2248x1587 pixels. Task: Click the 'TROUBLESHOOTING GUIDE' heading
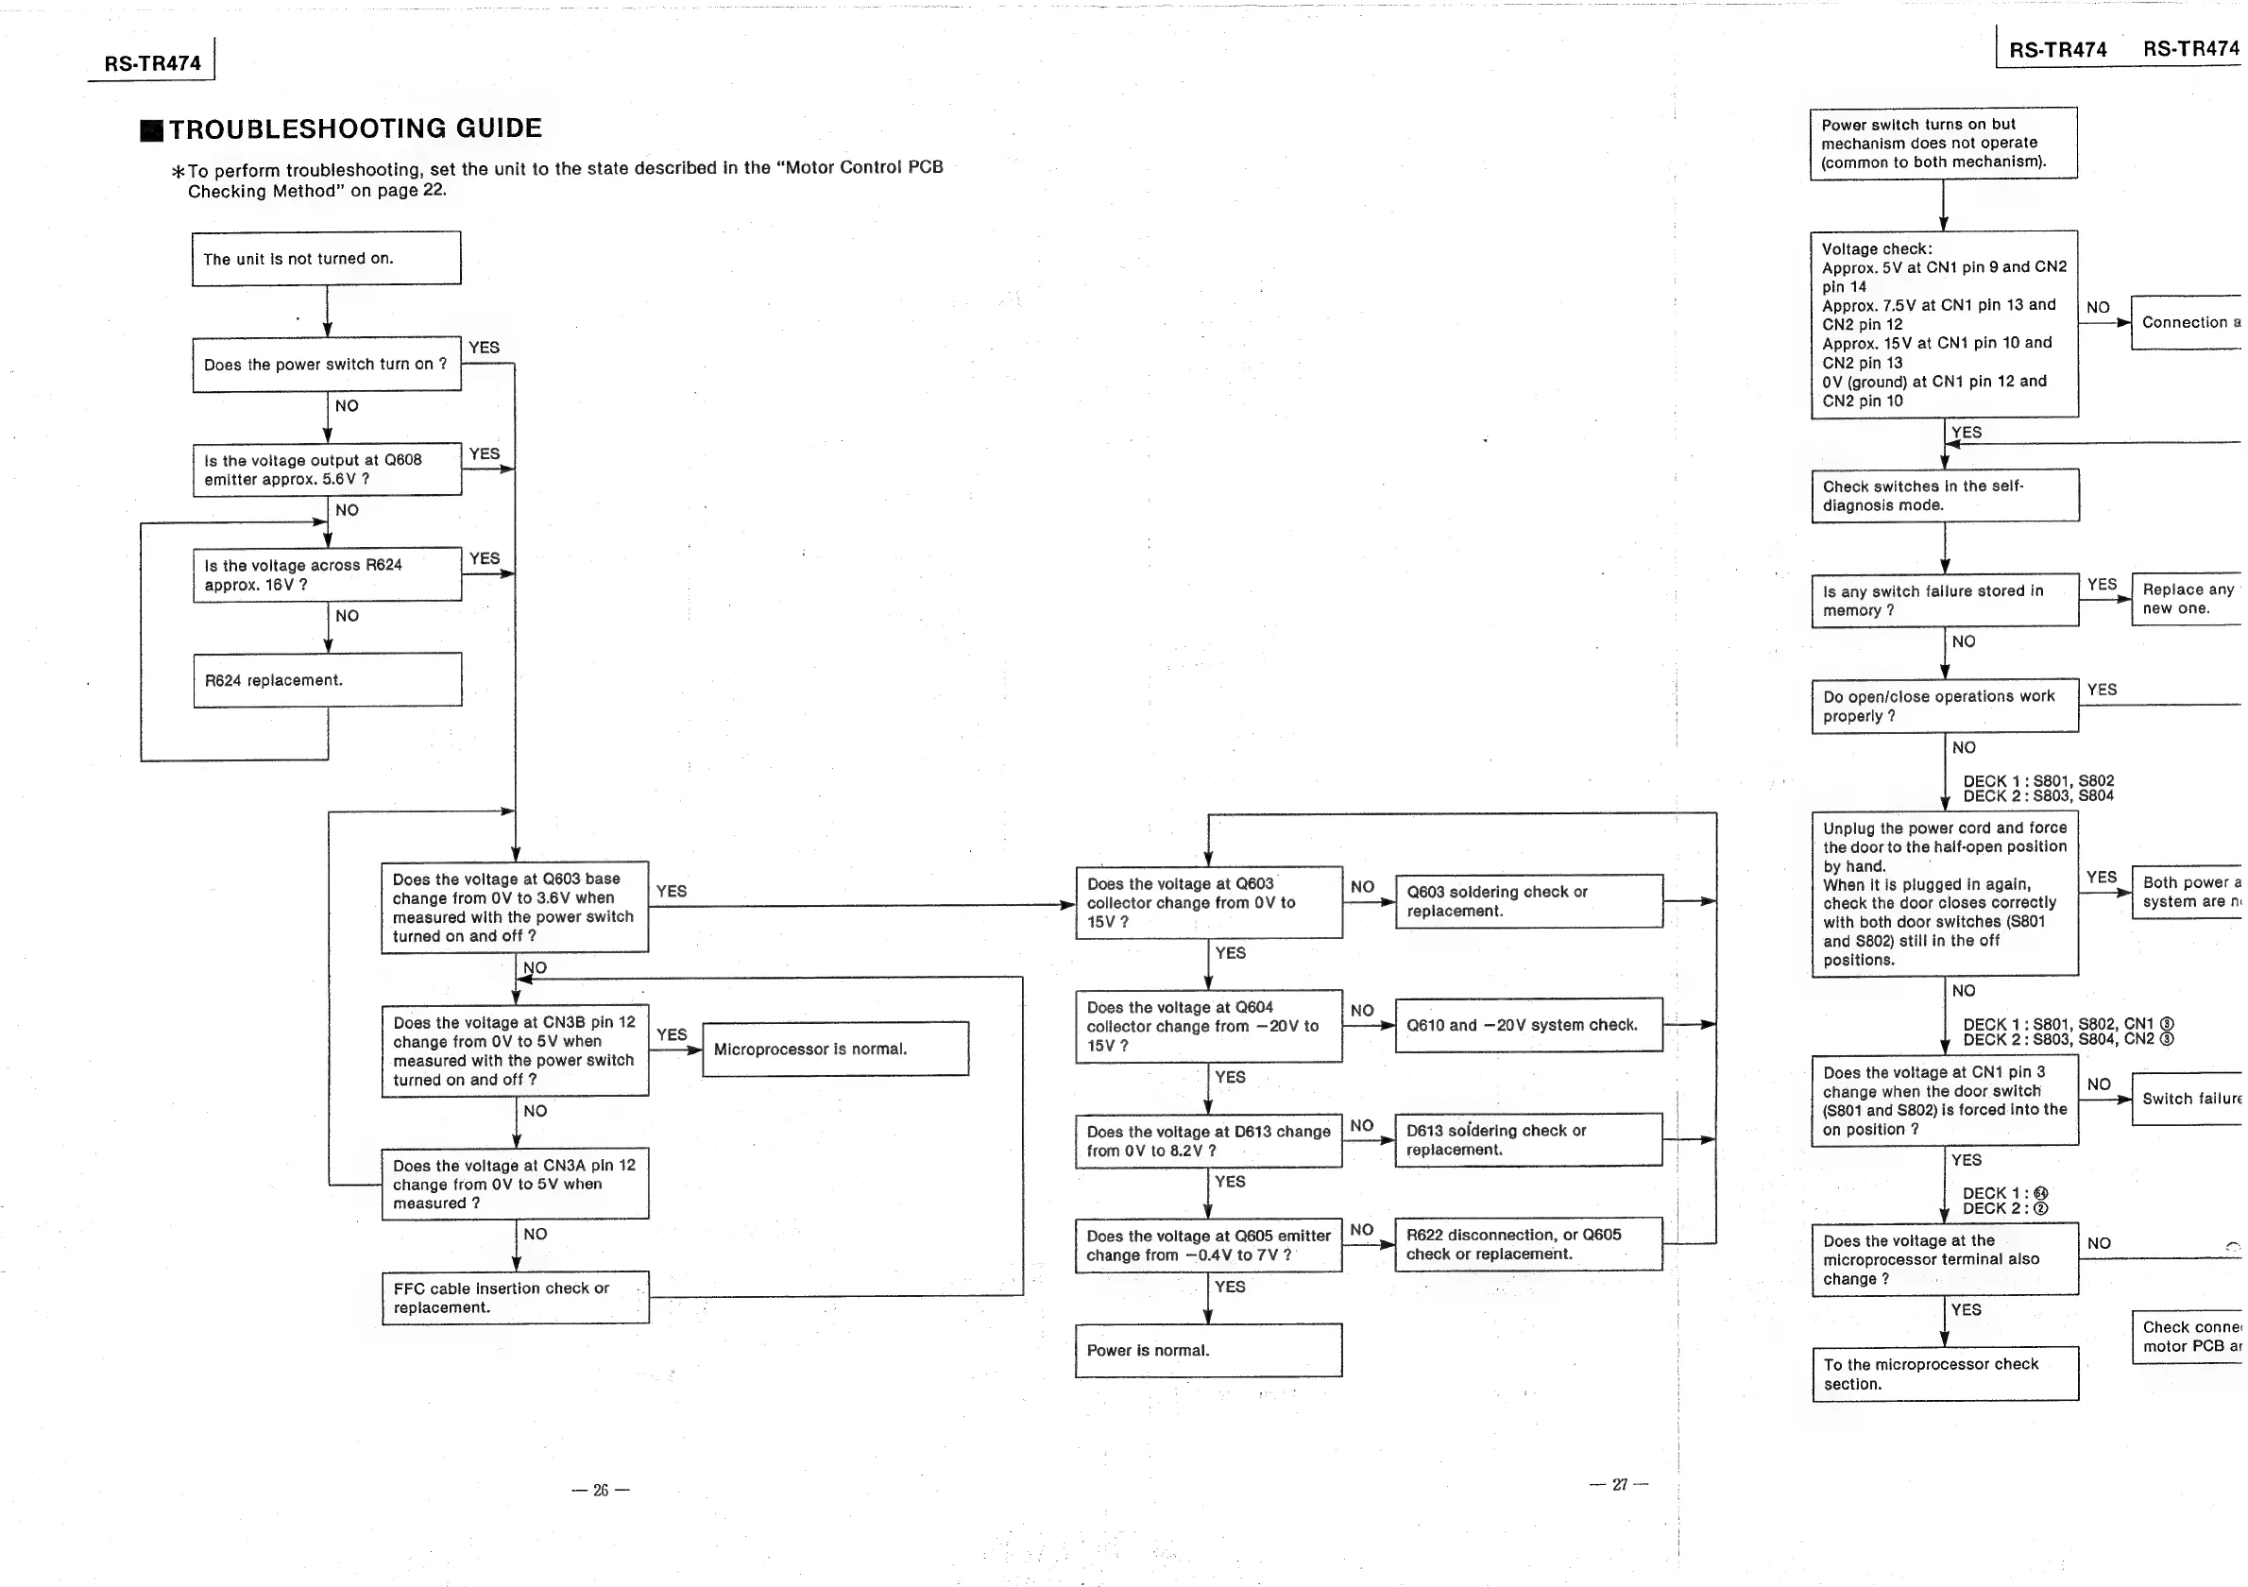point(354,129)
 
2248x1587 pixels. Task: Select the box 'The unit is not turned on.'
point(326,259)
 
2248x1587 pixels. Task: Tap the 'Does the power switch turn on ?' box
point(326,365)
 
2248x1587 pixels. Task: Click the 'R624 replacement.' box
point(327,679)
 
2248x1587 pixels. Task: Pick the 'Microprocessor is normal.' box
point(835,1049)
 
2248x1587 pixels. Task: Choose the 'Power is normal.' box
point(1208,1350)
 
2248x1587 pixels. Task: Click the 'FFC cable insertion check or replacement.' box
point(515,1297)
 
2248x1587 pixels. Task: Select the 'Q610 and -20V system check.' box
point(1528,1025)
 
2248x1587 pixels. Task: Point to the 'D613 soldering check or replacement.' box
point(1528,1139)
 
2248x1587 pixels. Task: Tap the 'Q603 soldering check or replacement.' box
point(1528,900)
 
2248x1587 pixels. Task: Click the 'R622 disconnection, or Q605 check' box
point(1528,1244)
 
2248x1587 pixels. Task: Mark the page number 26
point(600,1490)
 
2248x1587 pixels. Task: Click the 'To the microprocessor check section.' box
point(1945,1374)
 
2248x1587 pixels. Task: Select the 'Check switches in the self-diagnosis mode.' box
point(1945,495)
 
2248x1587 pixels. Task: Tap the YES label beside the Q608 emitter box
point(485,453)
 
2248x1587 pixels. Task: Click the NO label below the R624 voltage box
point(347,616)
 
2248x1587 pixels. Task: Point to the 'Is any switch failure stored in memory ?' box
point(1945,600)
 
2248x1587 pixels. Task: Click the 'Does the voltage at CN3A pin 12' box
point(515,1184)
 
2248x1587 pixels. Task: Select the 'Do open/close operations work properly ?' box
point(1945,706)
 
